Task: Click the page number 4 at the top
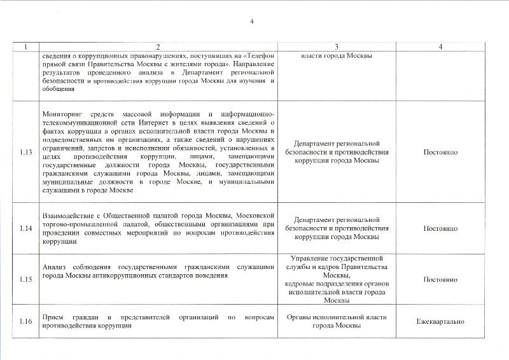click(x=252, y=23)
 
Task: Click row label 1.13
click(x=26, y=153)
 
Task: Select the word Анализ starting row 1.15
click(x=54, y=267)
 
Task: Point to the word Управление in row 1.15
click(x=309, y=259)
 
